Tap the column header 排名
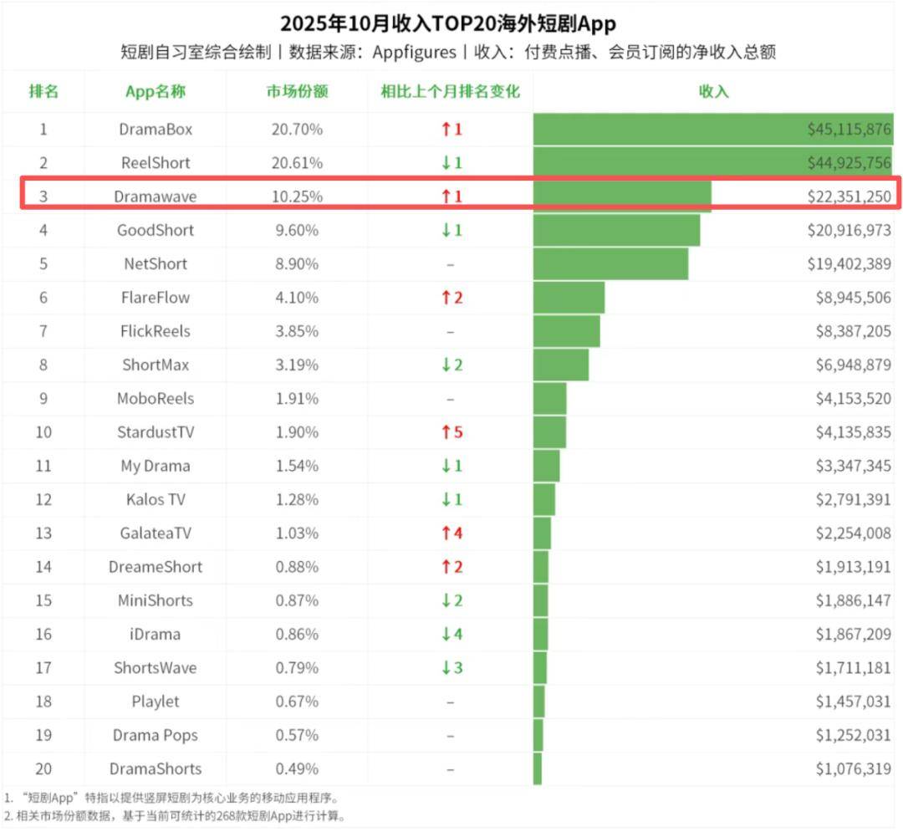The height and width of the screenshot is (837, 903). [43, 91]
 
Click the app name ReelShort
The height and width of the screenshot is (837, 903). [156, 163]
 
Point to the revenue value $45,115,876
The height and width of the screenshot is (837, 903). [849, 130]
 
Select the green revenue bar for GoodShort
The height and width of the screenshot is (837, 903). [616, 230]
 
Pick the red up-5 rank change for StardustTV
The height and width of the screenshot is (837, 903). [451, 432]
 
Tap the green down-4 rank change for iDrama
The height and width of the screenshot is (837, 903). [451, 634]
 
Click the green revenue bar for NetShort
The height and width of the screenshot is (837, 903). [610, 263]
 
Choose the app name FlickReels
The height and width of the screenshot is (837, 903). [156, 331]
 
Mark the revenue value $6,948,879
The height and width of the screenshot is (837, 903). [853, 365]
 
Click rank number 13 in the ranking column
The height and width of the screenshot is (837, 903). [43, 533]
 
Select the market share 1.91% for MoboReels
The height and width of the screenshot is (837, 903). [297, 398]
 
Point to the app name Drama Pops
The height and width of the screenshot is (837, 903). [156, 735]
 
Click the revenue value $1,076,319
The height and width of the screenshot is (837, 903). [853, 768]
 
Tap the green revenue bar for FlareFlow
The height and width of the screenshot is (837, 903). [569, 298]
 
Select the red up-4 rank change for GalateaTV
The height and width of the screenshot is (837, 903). [451, 533]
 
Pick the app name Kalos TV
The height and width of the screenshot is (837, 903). [156, 499]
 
